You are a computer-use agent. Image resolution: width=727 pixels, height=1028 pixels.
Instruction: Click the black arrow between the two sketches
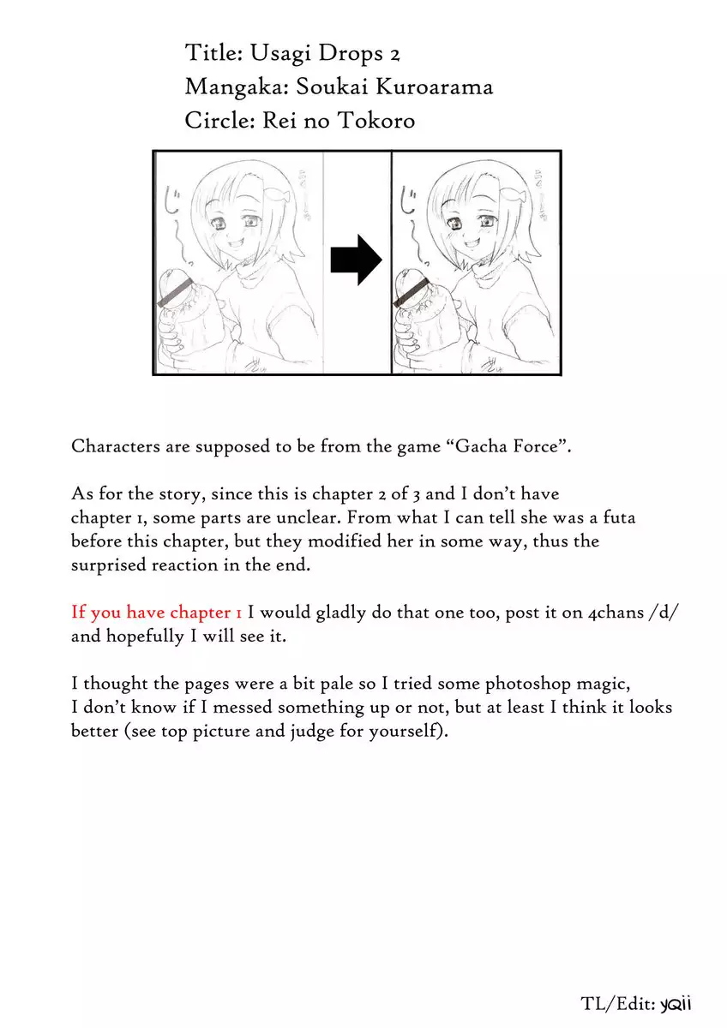pos(356,260)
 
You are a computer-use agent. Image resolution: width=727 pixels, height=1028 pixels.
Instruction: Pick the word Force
pos(537,446)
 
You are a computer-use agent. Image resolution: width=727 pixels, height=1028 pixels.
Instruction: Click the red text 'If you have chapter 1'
pos(157,613)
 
